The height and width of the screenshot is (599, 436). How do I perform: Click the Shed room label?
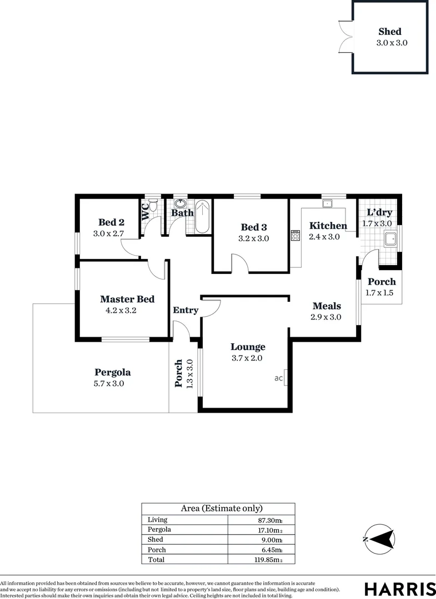[x=390, y=32]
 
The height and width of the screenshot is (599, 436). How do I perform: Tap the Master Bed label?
[x=127, y=299]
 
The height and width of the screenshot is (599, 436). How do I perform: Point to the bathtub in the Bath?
[x=202, y=217]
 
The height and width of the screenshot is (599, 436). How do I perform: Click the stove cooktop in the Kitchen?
[x=294, y=236]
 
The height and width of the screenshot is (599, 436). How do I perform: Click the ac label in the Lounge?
[x=279, y=378]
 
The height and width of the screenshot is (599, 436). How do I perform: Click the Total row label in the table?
[x=157, y=560]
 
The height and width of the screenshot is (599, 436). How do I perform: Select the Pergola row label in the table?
[x=159, y=530]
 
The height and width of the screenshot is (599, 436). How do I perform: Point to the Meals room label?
[x=327, y=306]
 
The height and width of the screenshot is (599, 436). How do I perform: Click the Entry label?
[x=186, y=310]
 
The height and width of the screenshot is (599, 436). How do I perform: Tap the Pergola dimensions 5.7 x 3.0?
[x=109, y=383]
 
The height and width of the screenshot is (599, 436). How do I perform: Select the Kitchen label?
[x=328, y=226]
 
